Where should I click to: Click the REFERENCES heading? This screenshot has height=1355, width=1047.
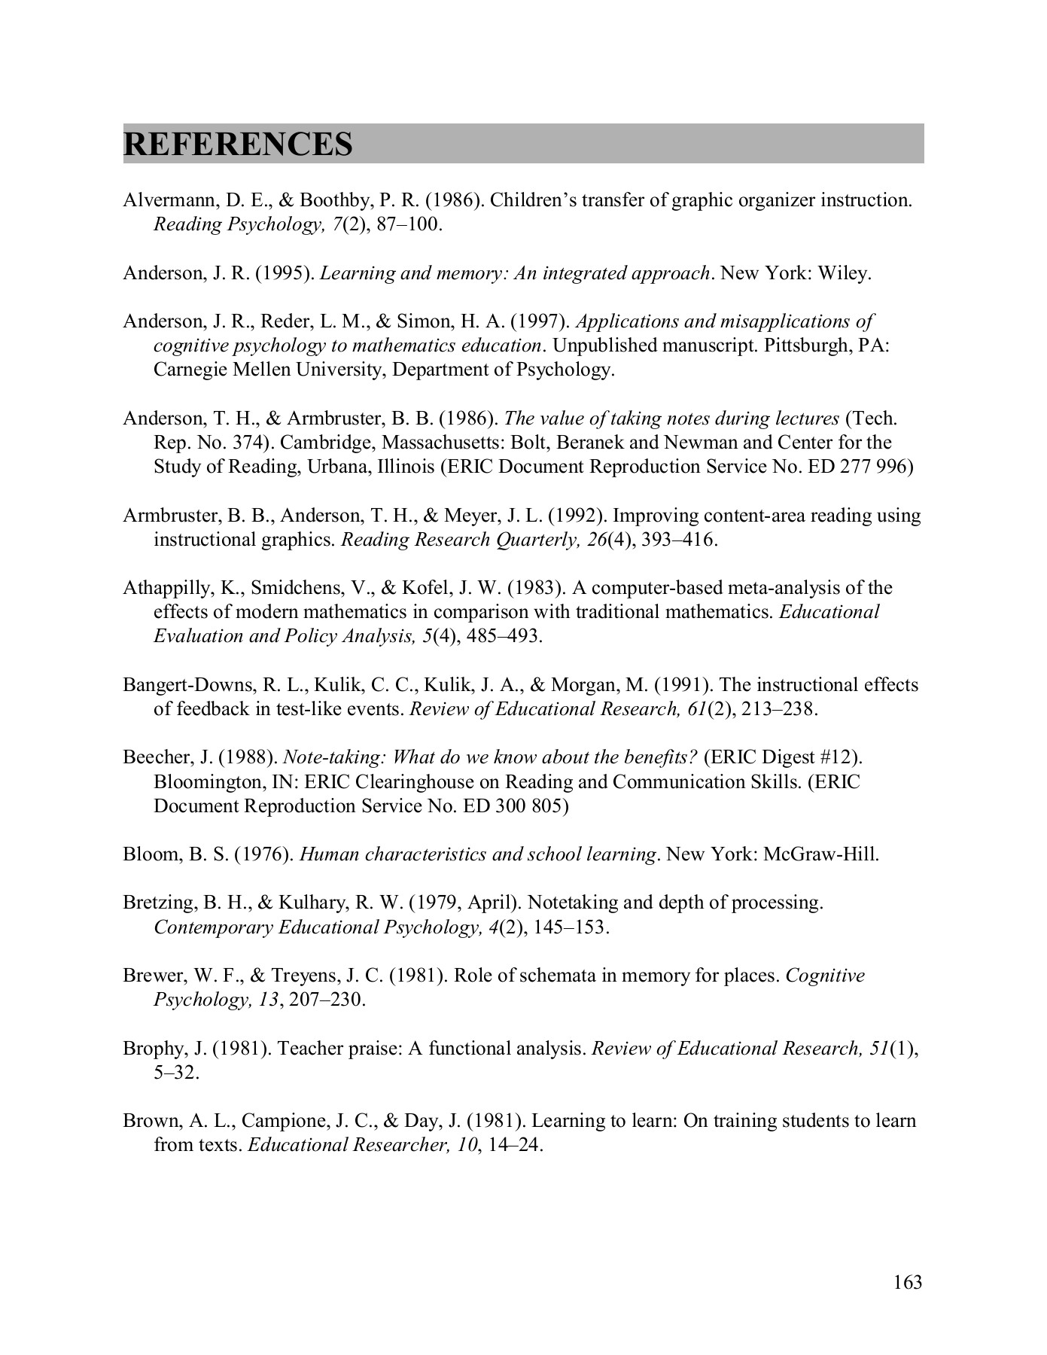pos(238,144)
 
